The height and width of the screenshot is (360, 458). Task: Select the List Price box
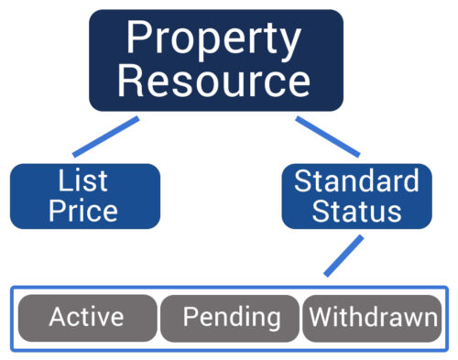[x=84, y=195]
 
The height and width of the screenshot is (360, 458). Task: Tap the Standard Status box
[x=356, y=195]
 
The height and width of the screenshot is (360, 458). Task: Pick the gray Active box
[x=86, y=318]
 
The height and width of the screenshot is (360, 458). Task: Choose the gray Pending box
[x=231, y=318]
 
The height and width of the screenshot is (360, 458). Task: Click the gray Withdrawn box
[x=372, y=318]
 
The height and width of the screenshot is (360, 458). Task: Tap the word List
[x=83, y=180]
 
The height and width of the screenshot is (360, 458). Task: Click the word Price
[x=83, y=211]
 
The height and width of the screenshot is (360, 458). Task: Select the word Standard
[x=356, y=180]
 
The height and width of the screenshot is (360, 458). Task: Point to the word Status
[x=356, y=211]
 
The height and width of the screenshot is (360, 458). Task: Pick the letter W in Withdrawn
[x=320, y=318]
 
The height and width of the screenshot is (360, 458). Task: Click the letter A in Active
[x=57, y=318]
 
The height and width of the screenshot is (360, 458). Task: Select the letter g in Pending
[x=272, y=321]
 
